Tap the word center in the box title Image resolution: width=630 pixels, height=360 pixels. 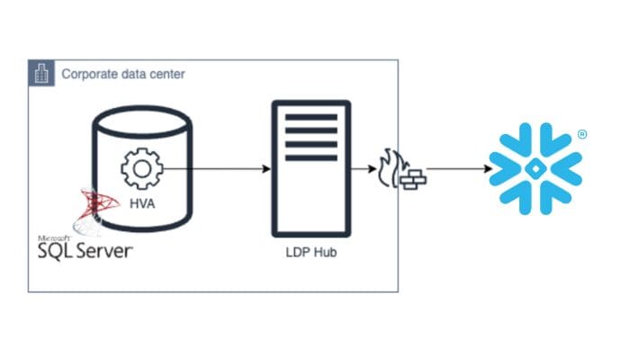(166, 74)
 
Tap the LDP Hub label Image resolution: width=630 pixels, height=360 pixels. (310, 251)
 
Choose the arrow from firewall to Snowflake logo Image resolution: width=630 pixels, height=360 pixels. (457, 168)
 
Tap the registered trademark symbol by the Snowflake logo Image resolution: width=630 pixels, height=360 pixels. (582, 135)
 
